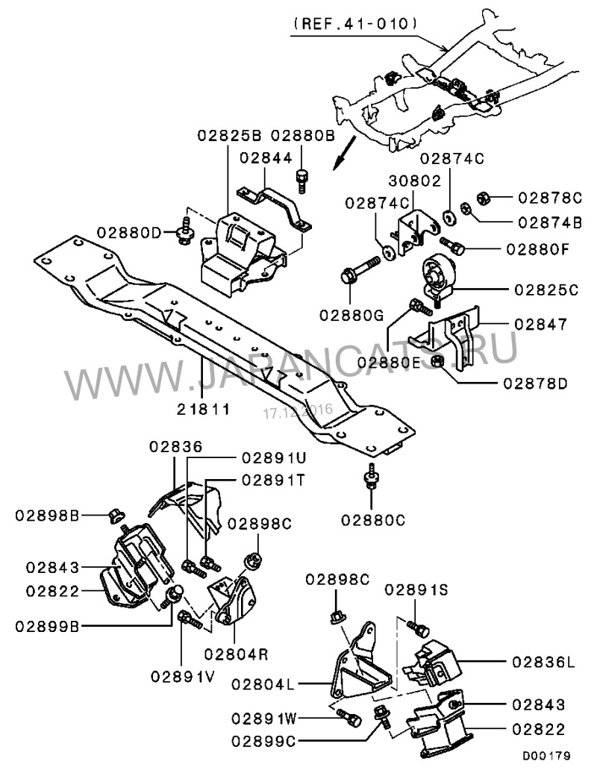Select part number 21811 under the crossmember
pyautogui.click(x=202, y=409)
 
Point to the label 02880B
pyautogui.click(x=302, y=137)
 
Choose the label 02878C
pyautogui.click(x=548, y=198)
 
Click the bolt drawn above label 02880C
pyautogui.click(x=370, y=477)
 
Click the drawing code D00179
pyautogui.click(x=546, y=756)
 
